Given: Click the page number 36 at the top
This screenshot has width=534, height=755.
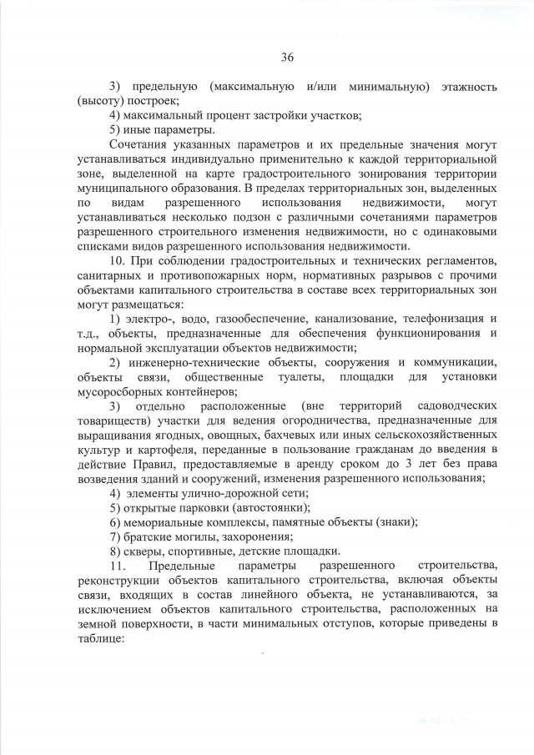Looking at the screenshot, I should tap(287, 57).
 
